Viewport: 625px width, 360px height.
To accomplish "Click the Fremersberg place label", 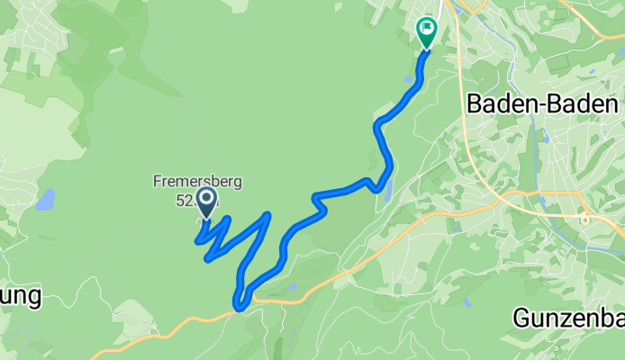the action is point(196,183).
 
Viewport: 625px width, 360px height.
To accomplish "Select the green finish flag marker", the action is point(426,32).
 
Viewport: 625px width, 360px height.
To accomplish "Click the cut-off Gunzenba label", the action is point(568,317).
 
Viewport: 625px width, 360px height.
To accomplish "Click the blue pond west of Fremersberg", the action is point(45,199).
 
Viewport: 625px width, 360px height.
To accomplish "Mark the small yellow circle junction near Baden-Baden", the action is point(584,218).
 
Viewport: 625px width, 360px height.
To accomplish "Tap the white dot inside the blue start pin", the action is point(206,197).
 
